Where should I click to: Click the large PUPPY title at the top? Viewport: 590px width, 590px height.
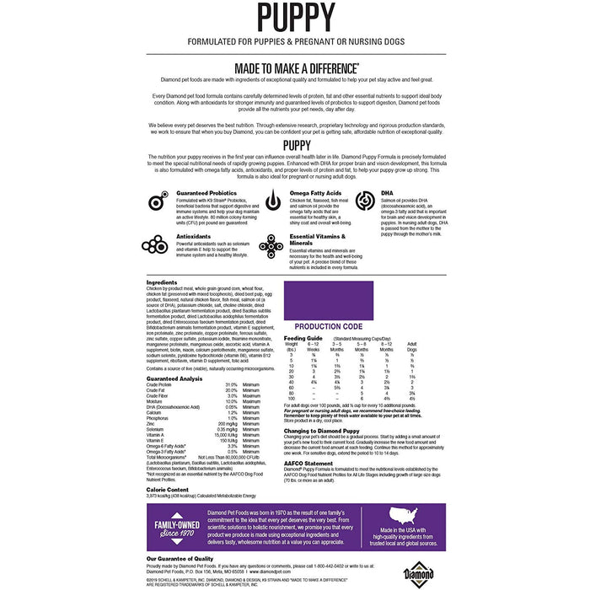coord(294,19)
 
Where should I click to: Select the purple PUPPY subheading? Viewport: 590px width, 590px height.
coord(294,146)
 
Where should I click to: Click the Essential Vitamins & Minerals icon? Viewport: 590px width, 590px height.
coord(273,245)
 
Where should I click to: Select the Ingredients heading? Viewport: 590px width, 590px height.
coord(162,282)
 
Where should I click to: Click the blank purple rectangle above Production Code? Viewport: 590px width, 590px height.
coord(328,300)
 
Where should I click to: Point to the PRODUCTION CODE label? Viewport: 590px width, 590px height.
coord(329,326)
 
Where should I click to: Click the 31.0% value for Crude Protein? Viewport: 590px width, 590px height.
coord(231,385)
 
